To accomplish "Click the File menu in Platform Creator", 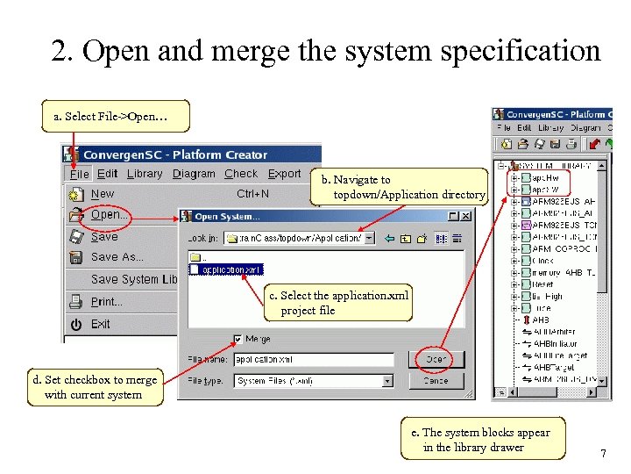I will click(x=79, y=174).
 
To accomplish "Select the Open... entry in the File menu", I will click(x=110, y=214).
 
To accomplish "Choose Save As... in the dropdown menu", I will click(x=117, y=257).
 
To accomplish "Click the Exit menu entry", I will click(x=100, y=324).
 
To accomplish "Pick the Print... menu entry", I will click(x=106, y=302).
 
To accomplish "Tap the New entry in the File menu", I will click(x=103, y=194).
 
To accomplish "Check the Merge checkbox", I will click(x=238, y=339).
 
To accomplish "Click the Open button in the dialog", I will click(x=436, y=359).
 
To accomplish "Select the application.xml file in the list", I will click(x=228, y=269).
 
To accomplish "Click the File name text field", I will click(x=314, y=360).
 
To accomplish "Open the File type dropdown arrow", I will click(x=387, y=381).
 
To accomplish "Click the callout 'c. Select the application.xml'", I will click(x=338, y=303).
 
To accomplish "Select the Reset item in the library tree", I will click(x=542, y=284).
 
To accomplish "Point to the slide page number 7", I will click(x=602, y=453).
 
